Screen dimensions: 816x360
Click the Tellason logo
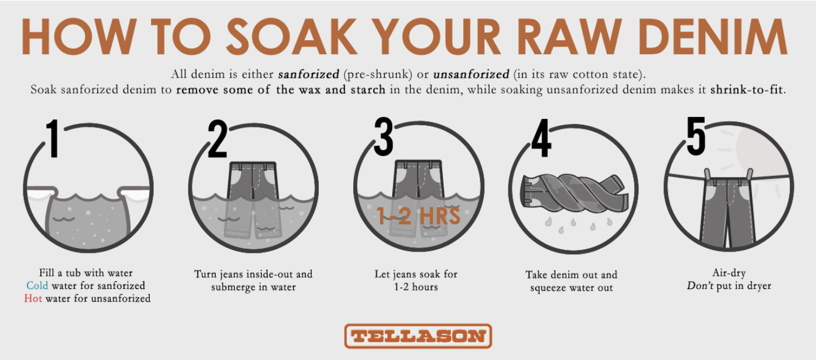coord(418,336)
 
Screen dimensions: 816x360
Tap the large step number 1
coord(53,139)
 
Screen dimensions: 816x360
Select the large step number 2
coord(217,139)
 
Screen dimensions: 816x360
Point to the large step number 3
coord(384,136)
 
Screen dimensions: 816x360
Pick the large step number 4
coord(541,138)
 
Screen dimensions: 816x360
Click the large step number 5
coord(696,136)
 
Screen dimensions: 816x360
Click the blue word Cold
coord(37,285)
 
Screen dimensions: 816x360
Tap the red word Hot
coord(33,298)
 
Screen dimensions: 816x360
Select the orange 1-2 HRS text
coord(418,216)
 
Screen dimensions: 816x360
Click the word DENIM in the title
coord(713,36)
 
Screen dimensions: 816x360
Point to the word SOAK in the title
coord(291,36)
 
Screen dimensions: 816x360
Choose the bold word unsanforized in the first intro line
coord(471,74)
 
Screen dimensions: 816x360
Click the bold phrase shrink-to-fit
coord(747,90)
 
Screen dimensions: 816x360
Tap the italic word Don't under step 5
coord(700,285)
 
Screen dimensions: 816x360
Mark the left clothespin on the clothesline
coord(708,175)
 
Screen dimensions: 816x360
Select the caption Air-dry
coord(729,273)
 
